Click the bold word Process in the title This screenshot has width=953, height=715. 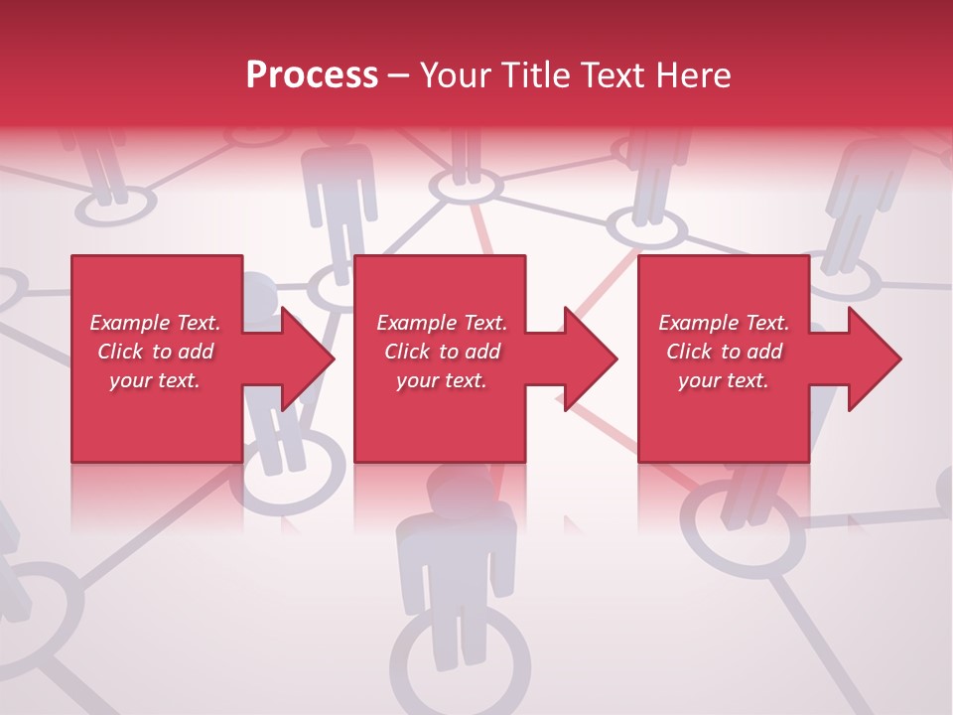coord(312,75)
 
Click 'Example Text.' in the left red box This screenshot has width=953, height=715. coord(155,323)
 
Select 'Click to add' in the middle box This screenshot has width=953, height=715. coord(442,352)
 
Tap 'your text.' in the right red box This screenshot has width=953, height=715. coord(723,380)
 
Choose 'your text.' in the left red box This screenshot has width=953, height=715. coord(155,380)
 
